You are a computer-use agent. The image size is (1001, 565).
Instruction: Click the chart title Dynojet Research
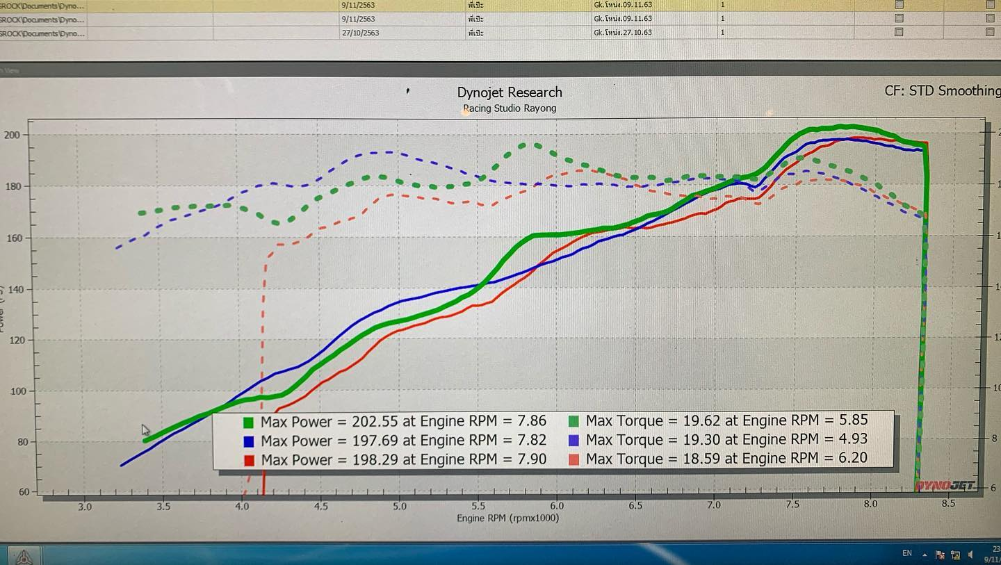[510, 92]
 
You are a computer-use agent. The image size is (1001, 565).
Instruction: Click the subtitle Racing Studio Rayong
[510, 108]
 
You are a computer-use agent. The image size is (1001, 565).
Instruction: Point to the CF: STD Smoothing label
[942, 91]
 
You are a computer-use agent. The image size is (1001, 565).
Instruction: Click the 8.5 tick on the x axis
[948, 504]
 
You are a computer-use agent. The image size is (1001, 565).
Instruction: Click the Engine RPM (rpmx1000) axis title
[507, 518]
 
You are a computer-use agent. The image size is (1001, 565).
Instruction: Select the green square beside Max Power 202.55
[248, 422]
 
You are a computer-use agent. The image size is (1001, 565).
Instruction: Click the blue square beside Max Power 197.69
[248, 441]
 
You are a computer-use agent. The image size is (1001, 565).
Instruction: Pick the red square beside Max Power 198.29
[248, 460]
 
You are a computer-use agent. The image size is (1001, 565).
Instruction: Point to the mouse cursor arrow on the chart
[145, 430]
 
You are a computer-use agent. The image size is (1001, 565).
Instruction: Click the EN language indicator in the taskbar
[906, 553]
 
